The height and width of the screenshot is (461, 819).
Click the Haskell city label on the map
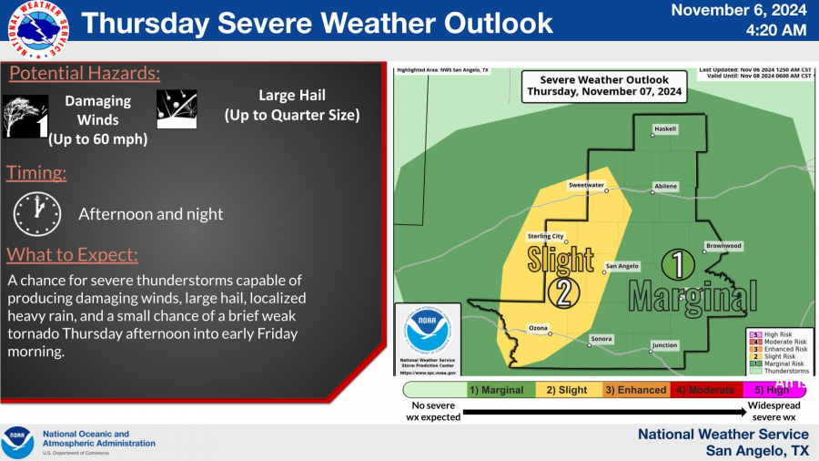pyautogui.click(x=665, y=129)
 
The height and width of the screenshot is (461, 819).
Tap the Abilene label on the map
pyautogui.click(x=665, y=187)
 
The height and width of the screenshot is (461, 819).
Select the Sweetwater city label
pyautogui.click(x=586, y=185)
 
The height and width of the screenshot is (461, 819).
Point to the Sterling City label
pyautogui.click(x=546, y=237)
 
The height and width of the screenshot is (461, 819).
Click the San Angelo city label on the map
pyautogui.click(x=622, y=267)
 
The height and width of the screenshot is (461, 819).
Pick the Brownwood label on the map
pyautogui.click(x=723, y=246)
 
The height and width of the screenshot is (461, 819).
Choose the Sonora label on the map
pyautogui.click(x=602, y=339)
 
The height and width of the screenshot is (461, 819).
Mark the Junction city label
pyautogui.click(x=665, y=345)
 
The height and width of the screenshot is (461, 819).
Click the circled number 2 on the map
pyautogui.click(x=563, y=292)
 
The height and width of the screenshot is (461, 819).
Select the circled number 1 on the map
pyautogui.click(x=678, y=265)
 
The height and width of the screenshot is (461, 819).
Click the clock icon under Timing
pyautogui.click(x=36, y=214)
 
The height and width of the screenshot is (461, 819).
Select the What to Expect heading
pyautogui.click(x=73, y=254)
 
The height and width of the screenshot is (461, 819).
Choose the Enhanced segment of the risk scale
pyautogui.click(x=635, y=390)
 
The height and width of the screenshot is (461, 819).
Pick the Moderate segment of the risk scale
pyautogui.click(x=703, y=390)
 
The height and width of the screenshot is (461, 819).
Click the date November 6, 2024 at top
pyautogui.click(x=738, y=11)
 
